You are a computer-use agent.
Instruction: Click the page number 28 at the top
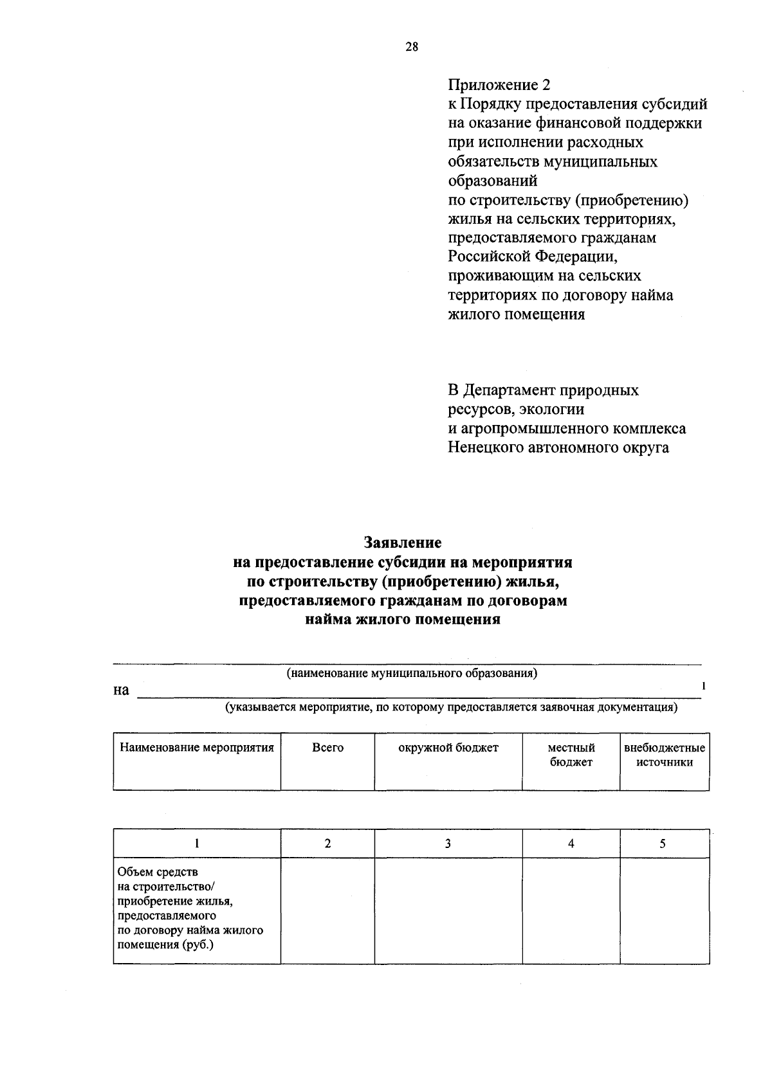coord(412,46)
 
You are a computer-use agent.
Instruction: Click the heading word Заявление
coord(403,543)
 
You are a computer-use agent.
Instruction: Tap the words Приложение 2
coord(499,85)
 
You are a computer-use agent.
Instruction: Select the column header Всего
coord(327,748)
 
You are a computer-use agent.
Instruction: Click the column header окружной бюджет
coord(448,748)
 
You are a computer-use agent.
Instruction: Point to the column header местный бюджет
coord(571,755)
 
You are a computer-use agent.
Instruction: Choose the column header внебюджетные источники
coord(665,755)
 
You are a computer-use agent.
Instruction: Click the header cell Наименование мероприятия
coord(197,748)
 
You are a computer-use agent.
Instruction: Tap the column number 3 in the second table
coord(448,843)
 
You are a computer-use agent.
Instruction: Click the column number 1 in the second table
coord(197,843)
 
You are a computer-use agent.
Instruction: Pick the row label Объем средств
coord(158,872)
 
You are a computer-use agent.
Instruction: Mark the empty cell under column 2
coord(327,910)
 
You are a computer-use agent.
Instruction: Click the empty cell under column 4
coord(571,910)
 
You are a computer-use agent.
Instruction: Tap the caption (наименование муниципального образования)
coord(412,673)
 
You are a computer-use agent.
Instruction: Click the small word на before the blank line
coord(121,690)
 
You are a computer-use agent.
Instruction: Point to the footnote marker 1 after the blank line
coord(704,686)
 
